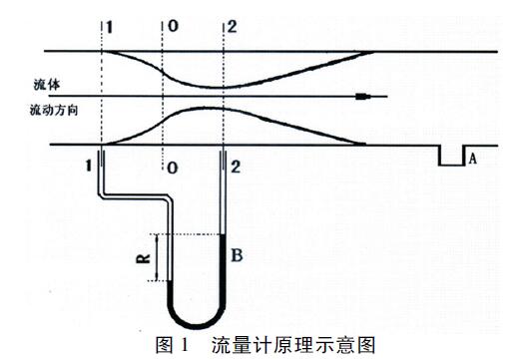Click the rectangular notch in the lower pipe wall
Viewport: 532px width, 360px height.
point(454,158)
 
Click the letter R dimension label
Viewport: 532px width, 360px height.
point(143,259)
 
